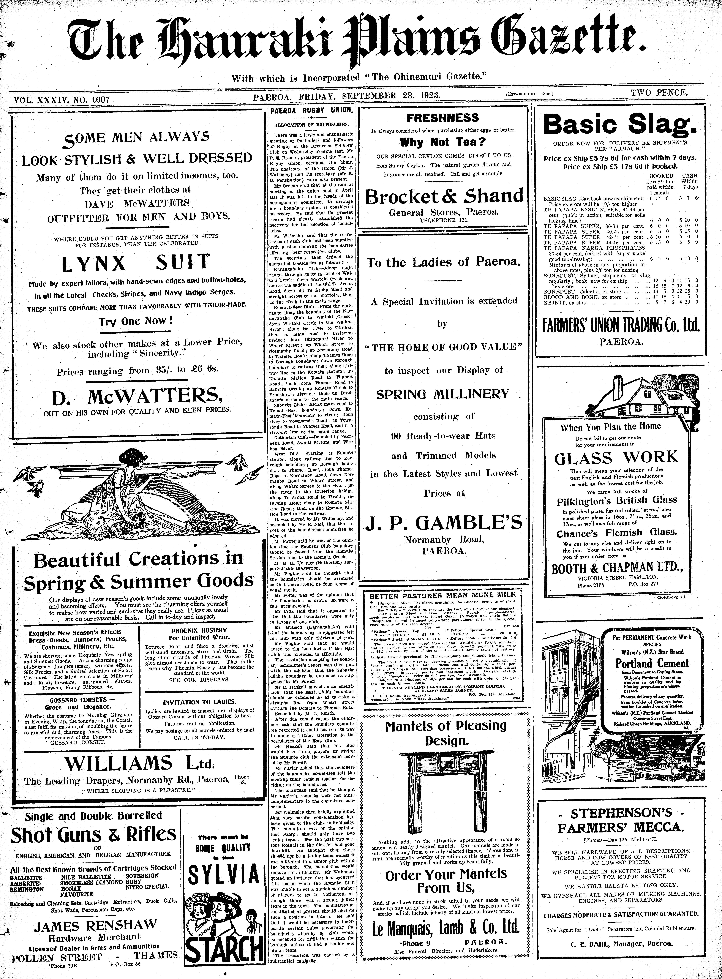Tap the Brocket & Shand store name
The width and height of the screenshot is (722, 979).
pyautogui.click(x=444, y=196)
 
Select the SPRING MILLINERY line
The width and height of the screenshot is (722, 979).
pyautogui.click(x=443, y=394)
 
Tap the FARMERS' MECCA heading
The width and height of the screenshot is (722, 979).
pyautogui.click(x=621, y=827)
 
